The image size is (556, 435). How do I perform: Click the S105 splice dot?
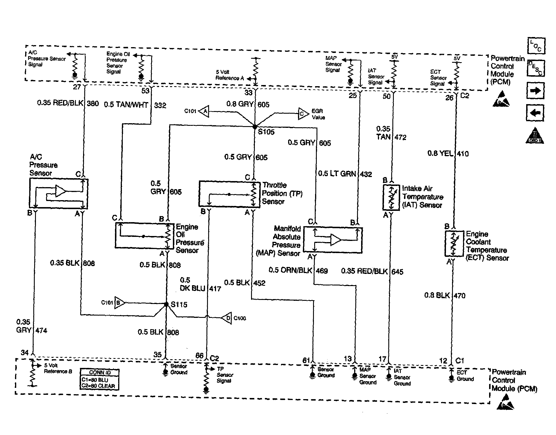click(x=255, y=127)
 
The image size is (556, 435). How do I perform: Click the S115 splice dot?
click(x=166, y=304)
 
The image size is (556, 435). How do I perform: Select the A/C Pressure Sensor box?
click(x=59, y=193)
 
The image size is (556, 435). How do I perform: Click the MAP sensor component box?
click(x=333, y=240)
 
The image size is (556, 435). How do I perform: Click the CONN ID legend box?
click(x=100, y=379)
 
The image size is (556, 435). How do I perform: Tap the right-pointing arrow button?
click(x=535, y=91)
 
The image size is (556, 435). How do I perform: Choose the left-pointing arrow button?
click(x=535, y=113)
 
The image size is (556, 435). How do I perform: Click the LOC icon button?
click(x=536, y=46)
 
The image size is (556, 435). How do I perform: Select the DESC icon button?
click(x=536, y=68)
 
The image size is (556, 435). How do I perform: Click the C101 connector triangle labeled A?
click(x=204, y=111)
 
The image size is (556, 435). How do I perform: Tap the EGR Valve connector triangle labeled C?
click(x=302, y=114)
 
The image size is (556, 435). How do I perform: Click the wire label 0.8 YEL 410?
click(x=448, y=154)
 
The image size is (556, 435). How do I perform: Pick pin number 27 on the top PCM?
click(x=77, y=87)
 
